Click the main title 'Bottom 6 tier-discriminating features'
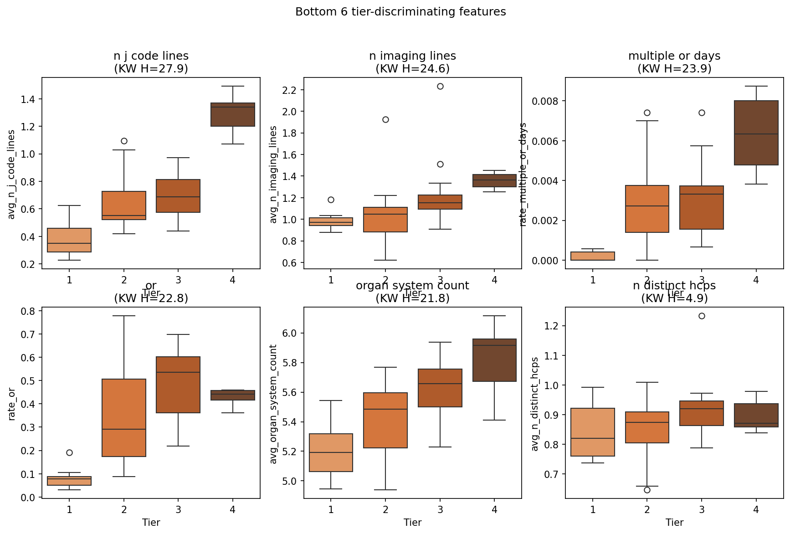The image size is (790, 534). click(x=400, y=12)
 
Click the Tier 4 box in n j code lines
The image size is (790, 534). click(x=233, y=115)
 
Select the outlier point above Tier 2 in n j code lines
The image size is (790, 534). click(x=124, y=141)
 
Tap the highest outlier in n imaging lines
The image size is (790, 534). click(x=440, y=86)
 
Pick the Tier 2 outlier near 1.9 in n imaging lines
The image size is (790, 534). click(x=385, y=119)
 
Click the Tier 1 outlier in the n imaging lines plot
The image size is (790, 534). click(x=331, y=200)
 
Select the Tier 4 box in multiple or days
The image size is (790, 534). click(x=756, y=133)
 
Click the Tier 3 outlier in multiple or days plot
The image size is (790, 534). click(x=702, y=113)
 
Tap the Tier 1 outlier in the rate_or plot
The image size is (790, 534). click(x=69, y=452)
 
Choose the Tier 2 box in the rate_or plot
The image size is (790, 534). click(x=124, y=417)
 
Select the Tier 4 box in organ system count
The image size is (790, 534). click(x=495, y=360)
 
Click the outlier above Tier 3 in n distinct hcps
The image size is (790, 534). click(x=702, y=316)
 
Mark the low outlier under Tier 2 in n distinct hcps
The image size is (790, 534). click(x=647, y=490)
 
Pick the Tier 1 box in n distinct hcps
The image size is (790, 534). click(x=593, y=432)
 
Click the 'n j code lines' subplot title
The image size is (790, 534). click(x=151, y=56)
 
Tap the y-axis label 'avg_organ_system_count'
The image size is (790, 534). click(x=273, y=404)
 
